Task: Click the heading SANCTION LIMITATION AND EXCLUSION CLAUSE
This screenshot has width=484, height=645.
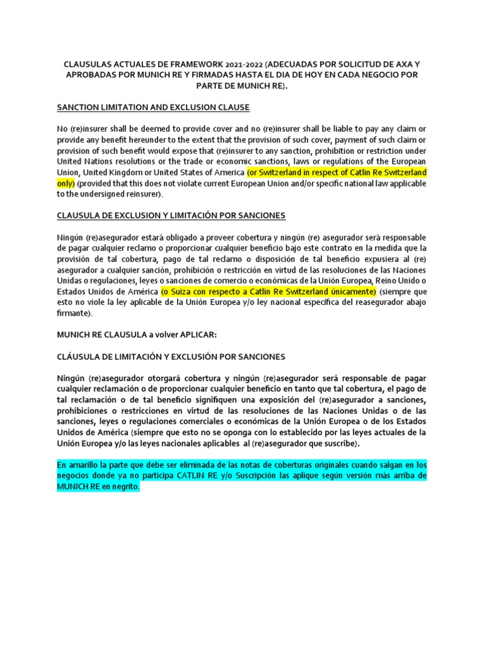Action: (x=153, y=107)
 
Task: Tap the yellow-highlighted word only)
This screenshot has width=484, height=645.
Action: (x=66, y=183)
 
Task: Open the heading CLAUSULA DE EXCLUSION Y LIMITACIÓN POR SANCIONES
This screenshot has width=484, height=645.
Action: (x=171, y=215)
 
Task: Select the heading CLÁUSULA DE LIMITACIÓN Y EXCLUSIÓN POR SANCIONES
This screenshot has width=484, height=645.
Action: (x=171, y=357)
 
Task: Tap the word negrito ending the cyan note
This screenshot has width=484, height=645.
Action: (x=120, y=487)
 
